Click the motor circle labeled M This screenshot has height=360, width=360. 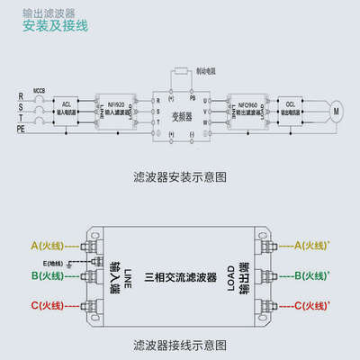tap(337, 111)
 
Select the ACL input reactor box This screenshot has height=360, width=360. tap(67, 109)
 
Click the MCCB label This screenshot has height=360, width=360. tap(39, 91)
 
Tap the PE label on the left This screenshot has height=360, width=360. tap(21, 130)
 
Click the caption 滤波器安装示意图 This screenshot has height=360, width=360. tap(180, 178)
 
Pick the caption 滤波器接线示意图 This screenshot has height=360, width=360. tap(180, 344)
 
